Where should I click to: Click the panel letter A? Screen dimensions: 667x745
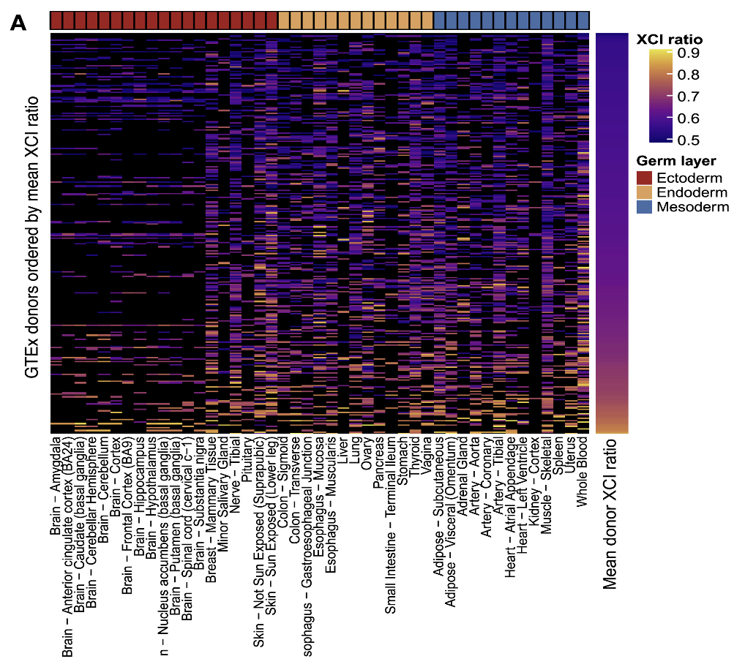pos(18,23)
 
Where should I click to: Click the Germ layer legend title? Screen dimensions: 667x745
pos(675,161)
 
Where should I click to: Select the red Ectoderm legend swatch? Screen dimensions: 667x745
pos(645,178)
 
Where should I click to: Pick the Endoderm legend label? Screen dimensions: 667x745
pos(692,192)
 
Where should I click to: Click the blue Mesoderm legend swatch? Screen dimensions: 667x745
pos(645,207)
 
